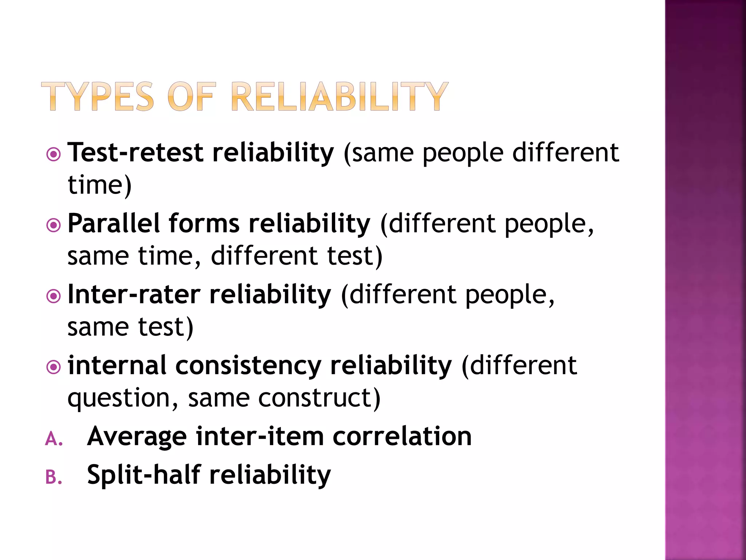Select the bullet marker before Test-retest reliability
[54, 154]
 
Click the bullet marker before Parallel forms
[54, 225]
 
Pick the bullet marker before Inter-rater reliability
[54, 296]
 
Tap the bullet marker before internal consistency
[54, 367]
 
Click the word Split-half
[144, 475]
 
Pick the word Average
[137, 437]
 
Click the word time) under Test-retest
[99, 185]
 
